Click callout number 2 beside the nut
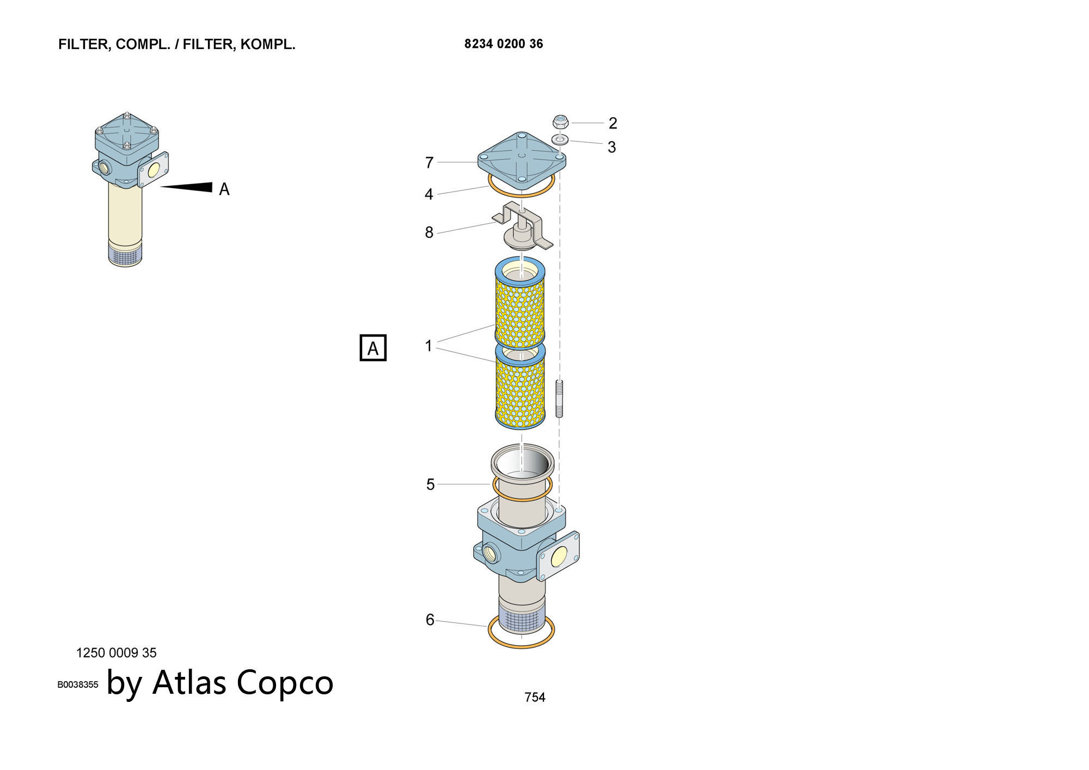(613, 123)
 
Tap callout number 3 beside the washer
(611, 147)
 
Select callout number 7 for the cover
(429, 162)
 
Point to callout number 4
(429, 194)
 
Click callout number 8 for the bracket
(429, 233)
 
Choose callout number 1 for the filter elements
(429, 346)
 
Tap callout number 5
(430, 484)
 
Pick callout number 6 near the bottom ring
(430, 620)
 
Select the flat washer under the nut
(560, 139)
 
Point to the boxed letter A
(373, 348)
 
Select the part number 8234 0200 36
(504, 44)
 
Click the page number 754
(535, 697)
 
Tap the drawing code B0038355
(78, 685)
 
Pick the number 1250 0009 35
(117, 652)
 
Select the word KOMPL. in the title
(268, 45)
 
